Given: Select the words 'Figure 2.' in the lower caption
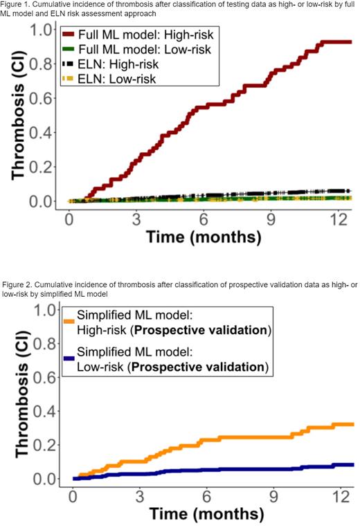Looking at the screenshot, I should [19, 286].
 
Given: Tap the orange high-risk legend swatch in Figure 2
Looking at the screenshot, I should [69, 320].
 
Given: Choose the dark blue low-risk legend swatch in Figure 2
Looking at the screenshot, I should [69, 351].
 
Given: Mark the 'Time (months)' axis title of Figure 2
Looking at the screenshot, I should [202, 516].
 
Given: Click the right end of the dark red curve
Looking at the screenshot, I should [350, 42].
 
